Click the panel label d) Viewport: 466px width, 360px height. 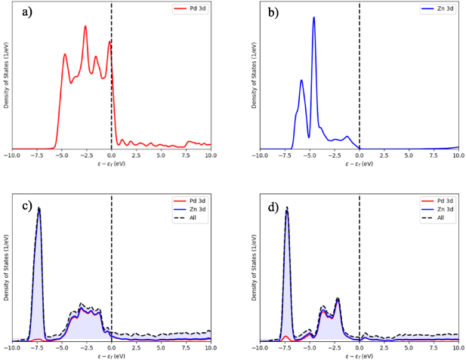271,206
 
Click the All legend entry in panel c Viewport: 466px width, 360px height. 195,218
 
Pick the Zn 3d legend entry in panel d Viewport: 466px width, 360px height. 443,211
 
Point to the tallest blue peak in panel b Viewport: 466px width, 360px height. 313,17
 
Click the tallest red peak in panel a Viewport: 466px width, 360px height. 85,26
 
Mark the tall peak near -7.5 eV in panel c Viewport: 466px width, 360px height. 39,208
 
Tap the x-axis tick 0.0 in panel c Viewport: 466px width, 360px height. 112,349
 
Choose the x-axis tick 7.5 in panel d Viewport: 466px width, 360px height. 434,349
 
